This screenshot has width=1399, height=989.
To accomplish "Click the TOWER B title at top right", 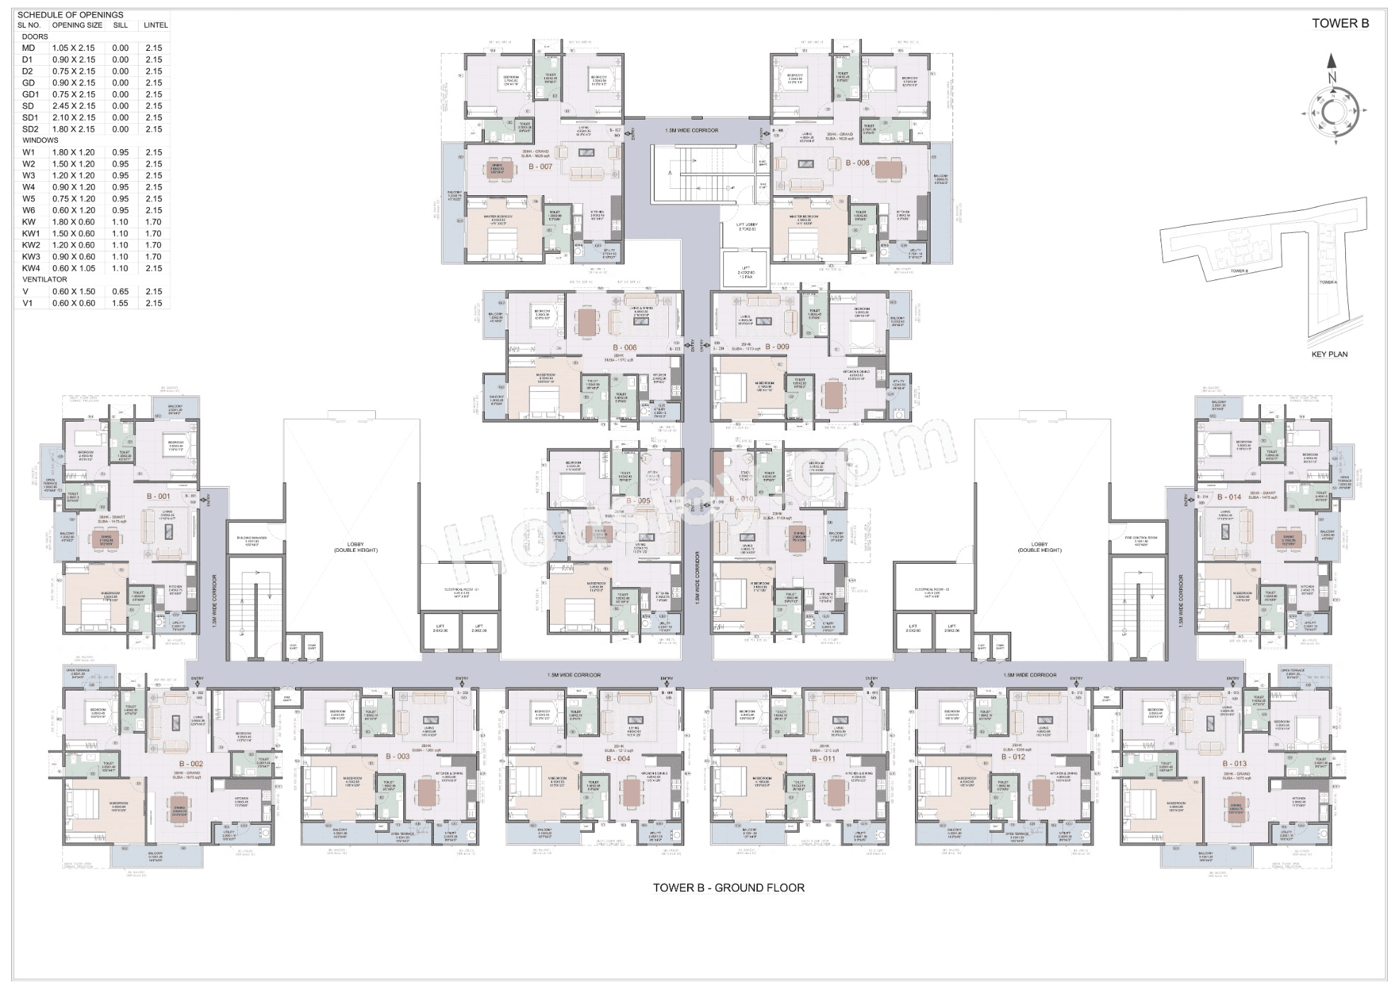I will pos(1340,23).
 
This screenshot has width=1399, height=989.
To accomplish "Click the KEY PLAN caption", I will pos(1329,354).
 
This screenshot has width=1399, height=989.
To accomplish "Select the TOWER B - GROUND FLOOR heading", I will pos(728,888).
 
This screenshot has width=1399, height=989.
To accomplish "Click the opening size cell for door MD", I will pos(74,48).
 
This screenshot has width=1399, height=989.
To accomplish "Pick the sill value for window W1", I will pos(120,152).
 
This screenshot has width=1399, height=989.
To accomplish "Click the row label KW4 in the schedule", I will pos(31,268).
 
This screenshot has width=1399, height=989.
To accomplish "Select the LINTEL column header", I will pos(156,25).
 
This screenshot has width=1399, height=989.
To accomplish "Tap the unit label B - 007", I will pos(541,167).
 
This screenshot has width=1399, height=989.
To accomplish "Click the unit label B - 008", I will pos(857,163).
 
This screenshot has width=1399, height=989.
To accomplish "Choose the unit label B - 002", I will pos(191,764).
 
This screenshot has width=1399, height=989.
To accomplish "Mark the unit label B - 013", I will pos(1235,764).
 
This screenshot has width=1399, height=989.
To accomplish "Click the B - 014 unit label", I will pos(1229,497).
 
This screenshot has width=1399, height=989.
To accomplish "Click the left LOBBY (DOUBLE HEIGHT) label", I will pos(355,548).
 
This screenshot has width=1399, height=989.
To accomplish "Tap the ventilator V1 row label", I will pos(28,303).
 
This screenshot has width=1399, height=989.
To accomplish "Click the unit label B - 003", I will pos(398,756).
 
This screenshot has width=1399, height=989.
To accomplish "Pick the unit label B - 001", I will pos(159,497).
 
